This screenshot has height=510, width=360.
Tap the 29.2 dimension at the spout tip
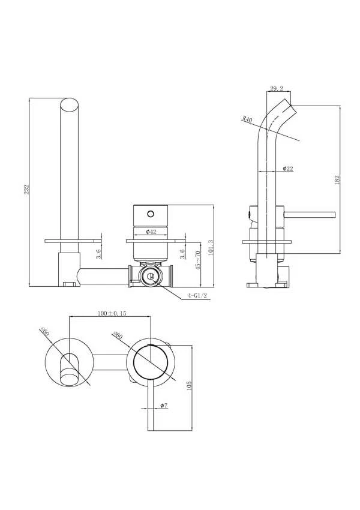pyautogui.click(x=277, y=89)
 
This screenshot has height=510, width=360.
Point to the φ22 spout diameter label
pyautogui.click(x=287, y=169)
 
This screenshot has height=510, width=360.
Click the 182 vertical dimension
pyautogui.click(x=338, y=179)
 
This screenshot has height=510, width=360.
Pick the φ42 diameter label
pyautogui.click(x=151, y=232)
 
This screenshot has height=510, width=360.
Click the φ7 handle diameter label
pyautogui.click(x=162, y=406)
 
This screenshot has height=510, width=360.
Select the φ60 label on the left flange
pyautogui.click(x=44, y=331)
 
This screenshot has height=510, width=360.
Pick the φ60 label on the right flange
pyautogui.click(x=117, y=336)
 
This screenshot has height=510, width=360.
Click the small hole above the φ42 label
pyautogui.click(x=151, y=212)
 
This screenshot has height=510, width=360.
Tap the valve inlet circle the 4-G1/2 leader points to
pyautogui.click(x=150, y=277)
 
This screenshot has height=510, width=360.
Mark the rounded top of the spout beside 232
pyautogui.click(x=70, y=107)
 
